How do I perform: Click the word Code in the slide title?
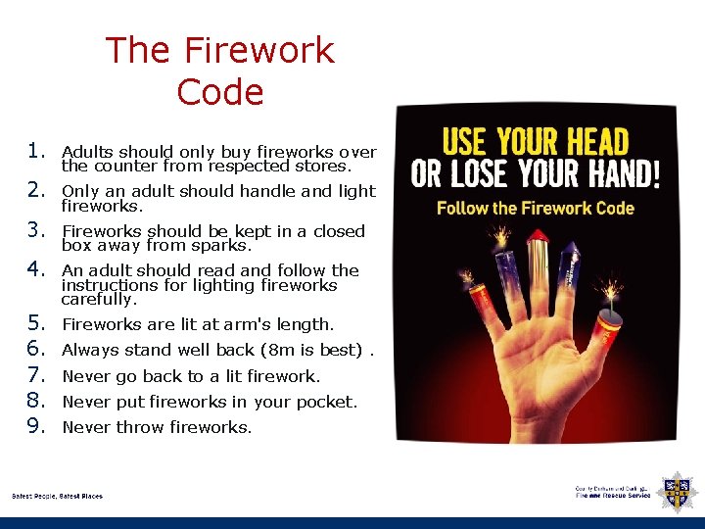[220, 92]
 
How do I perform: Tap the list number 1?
[36, 151]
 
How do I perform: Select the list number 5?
[36, 323]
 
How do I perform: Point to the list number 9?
[36, 426]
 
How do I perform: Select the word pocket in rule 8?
[331, 402]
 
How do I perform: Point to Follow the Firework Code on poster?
[535, 208]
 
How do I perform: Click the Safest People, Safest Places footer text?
[57, 496]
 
